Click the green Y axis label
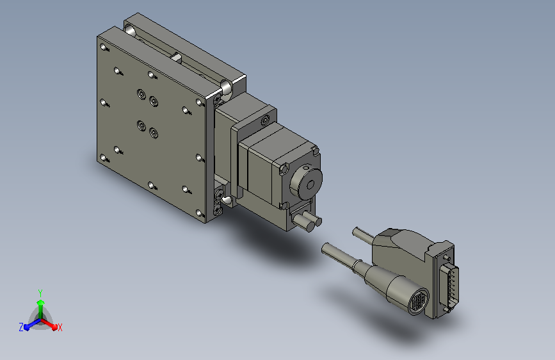click(x=40, y=293)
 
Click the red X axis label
click(x=60, y=328)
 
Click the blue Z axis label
click(x=21, y=327)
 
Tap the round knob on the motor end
click(x=307, y=184)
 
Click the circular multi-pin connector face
click(x=419, y=302)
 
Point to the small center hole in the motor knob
click(x=310, y=184)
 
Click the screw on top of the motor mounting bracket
click(x=265, y=121)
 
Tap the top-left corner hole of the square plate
click(x=103, y=47)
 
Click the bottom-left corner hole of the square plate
click(x=103, y=158)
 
